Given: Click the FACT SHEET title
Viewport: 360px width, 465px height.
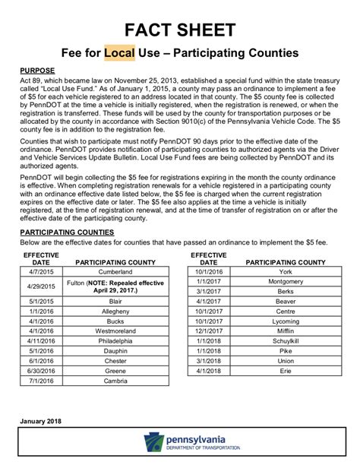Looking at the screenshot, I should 180,30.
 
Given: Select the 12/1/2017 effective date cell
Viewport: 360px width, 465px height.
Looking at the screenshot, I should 207,332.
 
